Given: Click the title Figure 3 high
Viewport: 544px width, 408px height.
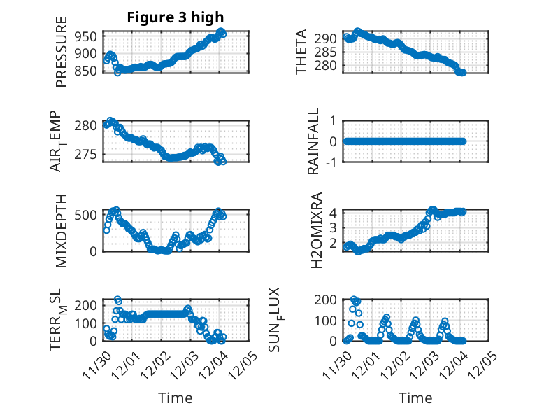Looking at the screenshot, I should (x=175, y=18).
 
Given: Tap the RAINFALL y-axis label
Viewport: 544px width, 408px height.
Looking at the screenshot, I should (x=314, y=141).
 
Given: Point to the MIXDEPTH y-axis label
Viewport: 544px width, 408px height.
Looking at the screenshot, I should (x=62, y=229).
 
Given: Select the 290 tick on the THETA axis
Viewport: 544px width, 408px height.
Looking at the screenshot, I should (x=329, y=38).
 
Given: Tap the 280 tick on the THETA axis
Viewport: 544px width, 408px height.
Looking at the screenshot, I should (x=329, y=65).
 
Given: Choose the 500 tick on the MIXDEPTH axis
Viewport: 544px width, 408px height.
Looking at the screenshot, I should (x=90, y=214).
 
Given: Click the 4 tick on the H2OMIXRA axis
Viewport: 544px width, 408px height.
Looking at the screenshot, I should (x=334, y=213).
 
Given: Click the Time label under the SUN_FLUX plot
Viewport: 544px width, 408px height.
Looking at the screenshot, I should (x=415, y=398).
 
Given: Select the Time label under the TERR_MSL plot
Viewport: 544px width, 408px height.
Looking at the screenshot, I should (x=176, y=398).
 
